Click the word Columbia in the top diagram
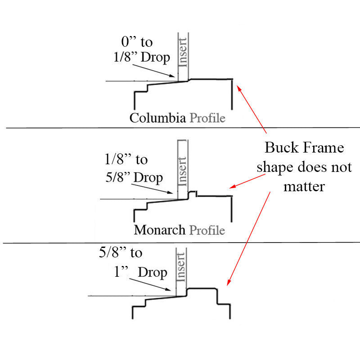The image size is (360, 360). [157, 118]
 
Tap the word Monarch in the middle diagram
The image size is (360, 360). [159, 230]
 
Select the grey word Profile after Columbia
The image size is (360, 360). [207, 118]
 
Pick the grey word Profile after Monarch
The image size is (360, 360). [207, 230]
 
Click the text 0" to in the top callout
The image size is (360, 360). [137, 42]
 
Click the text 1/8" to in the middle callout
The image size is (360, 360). [126, 159]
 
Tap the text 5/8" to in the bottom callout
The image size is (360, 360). [120, 253]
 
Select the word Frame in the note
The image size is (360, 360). [323, 148]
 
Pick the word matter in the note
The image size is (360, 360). [304, 186]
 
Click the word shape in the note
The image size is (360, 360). [276, 167]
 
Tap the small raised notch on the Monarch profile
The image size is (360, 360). [193, 193]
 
